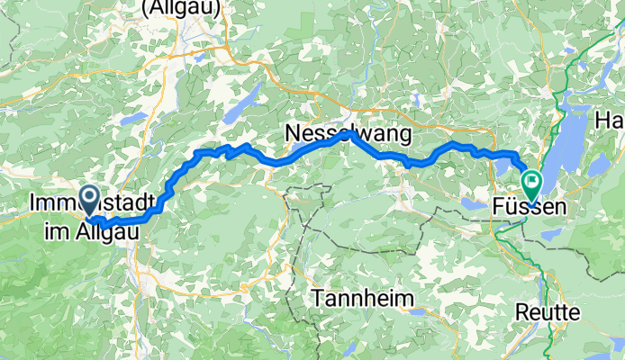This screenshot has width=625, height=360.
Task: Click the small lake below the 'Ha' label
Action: (x=599, y=165)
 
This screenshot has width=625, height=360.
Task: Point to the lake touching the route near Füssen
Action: (x=502, y=166)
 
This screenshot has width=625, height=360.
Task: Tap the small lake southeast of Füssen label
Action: (x=551, y=235)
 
